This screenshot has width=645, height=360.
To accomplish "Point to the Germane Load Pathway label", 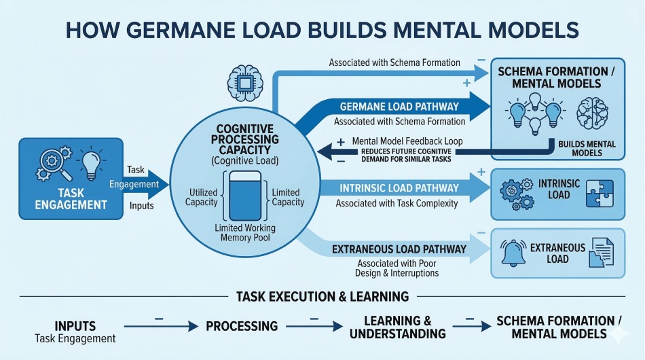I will click(x=397, y=107).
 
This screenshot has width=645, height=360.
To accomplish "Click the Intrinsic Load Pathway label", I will click(x=400, y=187).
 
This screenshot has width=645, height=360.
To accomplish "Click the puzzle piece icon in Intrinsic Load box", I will click(x=600, y=192).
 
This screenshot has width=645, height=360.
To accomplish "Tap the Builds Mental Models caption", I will click(x=586, y=148).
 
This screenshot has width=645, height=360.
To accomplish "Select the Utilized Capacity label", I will click(x=202, y=197).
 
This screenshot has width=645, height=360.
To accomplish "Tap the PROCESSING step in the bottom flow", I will click(x=242, y=326).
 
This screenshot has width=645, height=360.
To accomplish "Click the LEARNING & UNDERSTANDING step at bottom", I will click(x=397, y=327).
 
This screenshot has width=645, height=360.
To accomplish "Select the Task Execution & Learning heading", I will click(x=322, y=296).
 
